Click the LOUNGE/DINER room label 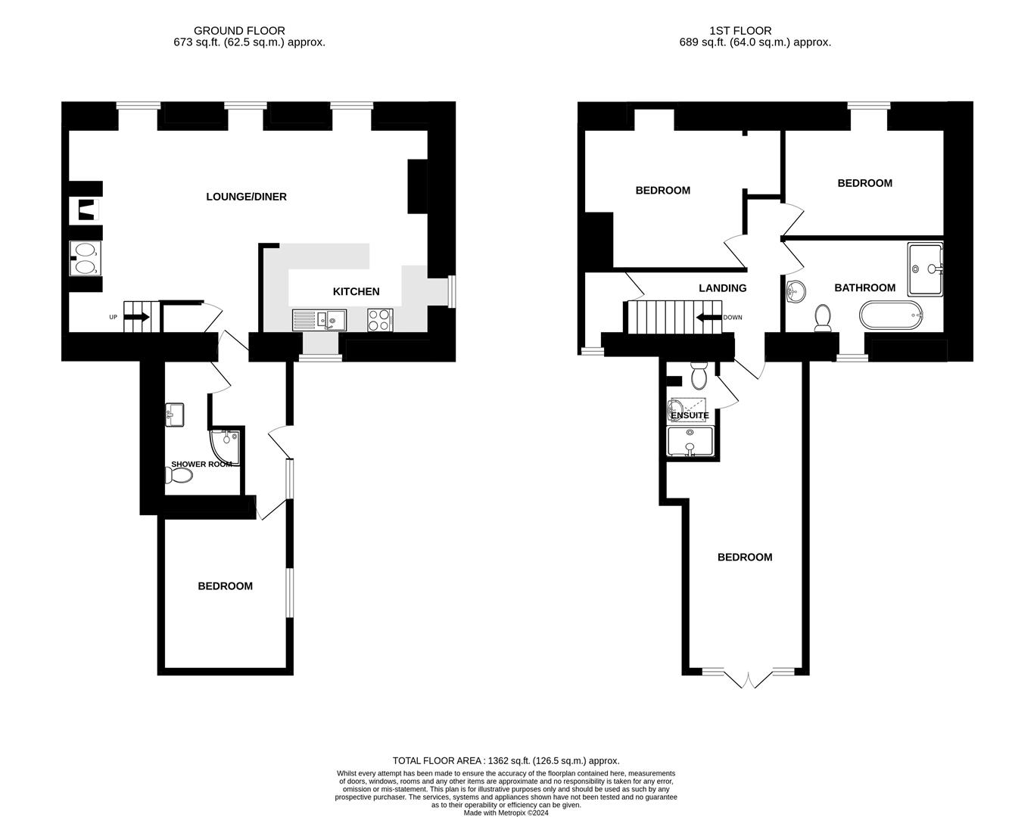[246, 197]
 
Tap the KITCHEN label [356, 291]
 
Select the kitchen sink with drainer [319, 319]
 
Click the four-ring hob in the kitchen [380, 319]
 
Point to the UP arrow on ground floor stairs [139, 317]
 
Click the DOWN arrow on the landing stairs [708, 317]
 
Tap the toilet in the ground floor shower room [179, 475]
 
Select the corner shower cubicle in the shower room [226, 447]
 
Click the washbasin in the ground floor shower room [174, 415]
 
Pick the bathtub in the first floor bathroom [891, 315]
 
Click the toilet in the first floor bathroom [823, 318]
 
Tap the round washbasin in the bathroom [796, 291]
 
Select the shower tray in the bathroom [925, 269]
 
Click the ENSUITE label [690, 415]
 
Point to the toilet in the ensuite [699, 376]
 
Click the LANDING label [723, 288]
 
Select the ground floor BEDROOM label [226, 586]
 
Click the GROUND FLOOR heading [239, 31]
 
